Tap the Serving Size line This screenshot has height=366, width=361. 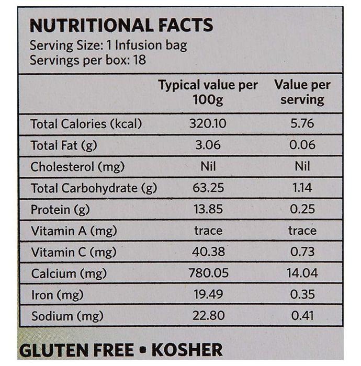click(108, 45)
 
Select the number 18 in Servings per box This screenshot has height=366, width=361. click(139, 60)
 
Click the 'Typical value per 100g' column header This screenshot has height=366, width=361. click(208, 93)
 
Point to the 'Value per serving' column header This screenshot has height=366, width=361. click(302, 93)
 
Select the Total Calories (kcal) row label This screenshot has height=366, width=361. click(86, 124)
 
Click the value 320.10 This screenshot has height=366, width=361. click(208, 124)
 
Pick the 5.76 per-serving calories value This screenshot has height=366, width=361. click(302, 124)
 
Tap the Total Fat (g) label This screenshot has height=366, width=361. click(64, 145)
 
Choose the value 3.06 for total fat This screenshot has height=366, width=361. click(208, 145)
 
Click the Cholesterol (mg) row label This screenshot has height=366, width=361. click(78, 167)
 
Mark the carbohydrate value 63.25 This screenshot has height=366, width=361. click(208, 188)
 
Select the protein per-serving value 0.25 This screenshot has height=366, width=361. click(302, 209)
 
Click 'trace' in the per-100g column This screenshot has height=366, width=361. click(208, 231)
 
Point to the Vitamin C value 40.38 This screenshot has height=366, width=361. click(208, 252)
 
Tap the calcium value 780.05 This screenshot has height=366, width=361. click(208, 273)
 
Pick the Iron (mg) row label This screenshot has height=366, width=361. click(57, 295)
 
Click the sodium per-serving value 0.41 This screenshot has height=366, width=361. click(302, 316)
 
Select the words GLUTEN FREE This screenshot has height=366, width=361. click(76, 349)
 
